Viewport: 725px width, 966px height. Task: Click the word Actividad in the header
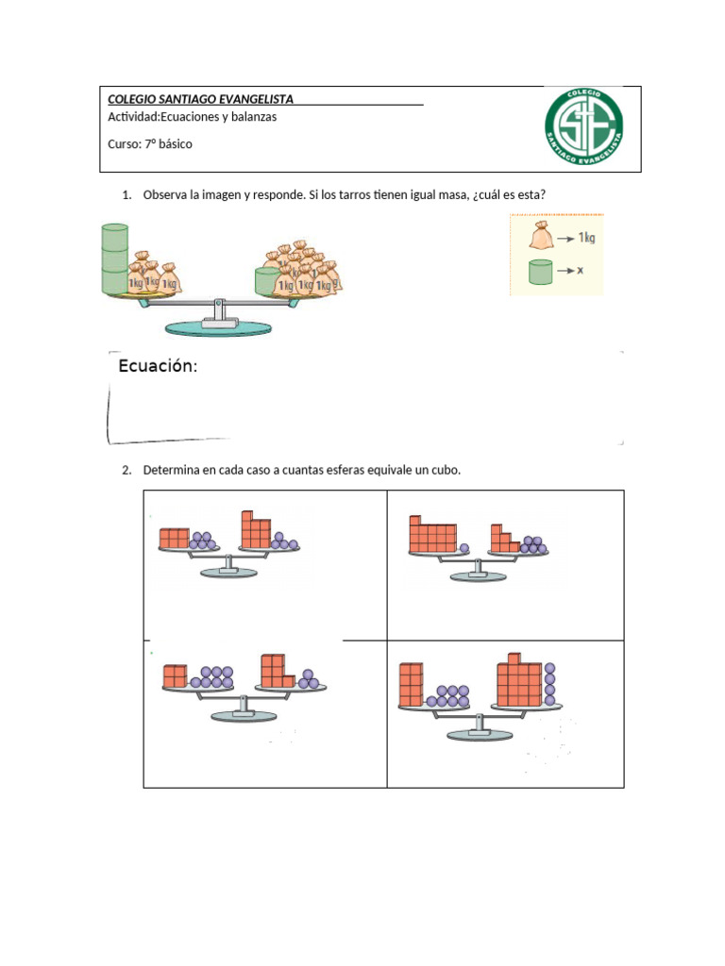133,117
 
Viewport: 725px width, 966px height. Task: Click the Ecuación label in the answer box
158,367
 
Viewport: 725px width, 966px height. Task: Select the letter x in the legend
581,270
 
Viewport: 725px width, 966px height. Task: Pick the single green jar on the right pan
266,280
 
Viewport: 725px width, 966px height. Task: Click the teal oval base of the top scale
218,327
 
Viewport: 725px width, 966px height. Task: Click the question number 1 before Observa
126,195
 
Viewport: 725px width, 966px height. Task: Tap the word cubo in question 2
446,470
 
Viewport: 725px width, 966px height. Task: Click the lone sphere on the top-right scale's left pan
464,547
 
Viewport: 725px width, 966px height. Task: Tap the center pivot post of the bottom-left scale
244,704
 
